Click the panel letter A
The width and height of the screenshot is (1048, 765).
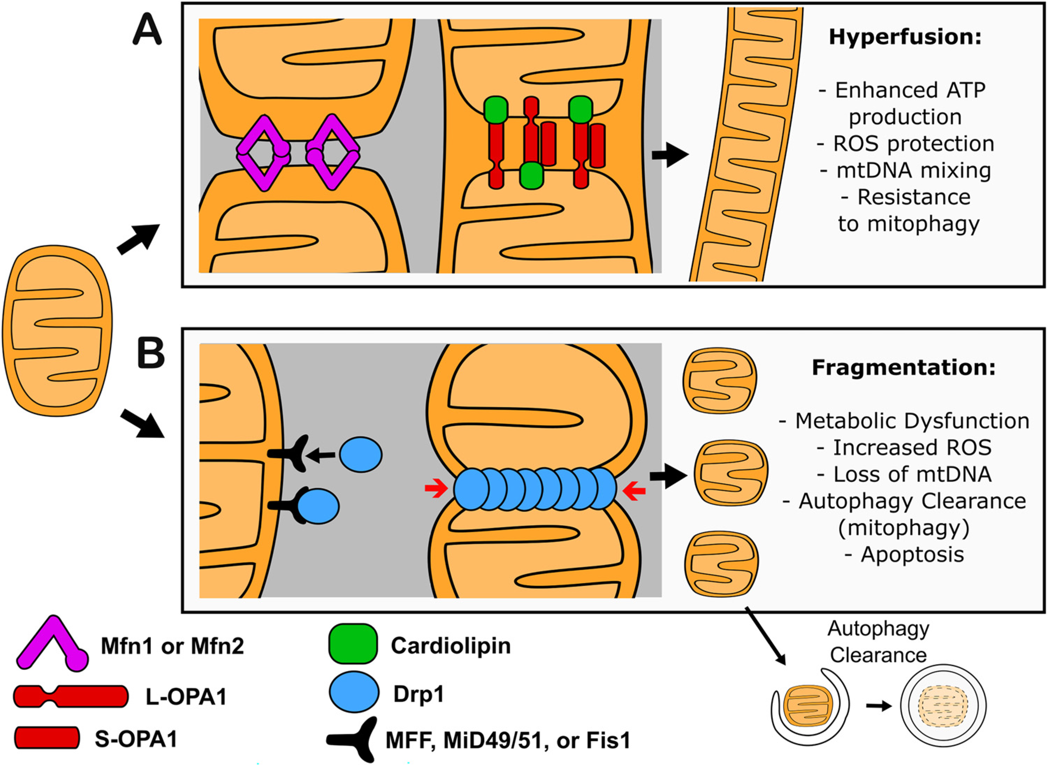147,29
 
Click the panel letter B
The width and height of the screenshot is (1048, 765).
151,353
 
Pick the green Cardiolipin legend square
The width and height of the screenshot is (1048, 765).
353,644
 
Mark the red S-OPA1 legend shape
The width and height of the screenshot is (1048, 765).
46,738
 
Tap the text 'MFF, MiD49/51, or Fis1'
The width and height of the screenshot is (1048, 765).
508,741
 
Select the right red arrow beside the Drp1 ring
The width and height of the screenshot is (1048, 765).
634,491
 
